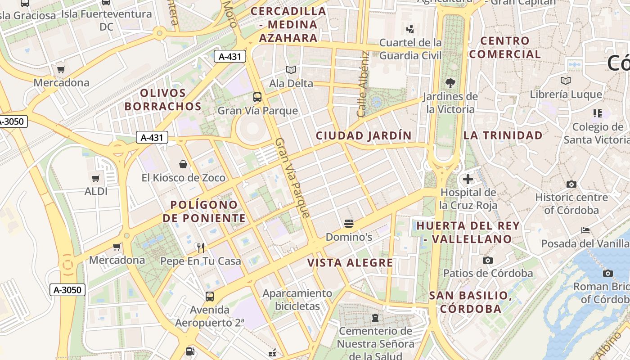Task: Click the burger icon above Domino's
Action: (348, 223)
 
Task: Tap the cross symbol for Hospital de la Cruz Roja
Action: (468, 180)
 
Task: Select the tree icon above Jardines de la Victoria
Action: (450, 83)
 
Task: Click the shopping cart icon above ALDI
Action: (95, 179)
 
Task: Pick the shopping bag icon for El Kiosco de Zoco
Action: (183, 164)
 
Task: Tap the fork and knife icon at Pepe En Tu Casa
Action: (201, 247)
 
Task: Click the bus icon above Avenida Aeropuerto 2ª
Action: (210, 296)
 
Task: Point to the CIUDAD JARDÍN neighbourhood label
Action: (364, 135)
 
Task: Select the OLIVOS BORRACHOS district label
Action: (163, 100)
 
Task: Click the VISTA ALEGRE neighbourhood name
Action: (350, 263)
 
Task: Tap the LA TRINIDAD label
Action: (503, 135)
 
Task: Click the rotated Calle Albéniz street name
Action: (364, 83)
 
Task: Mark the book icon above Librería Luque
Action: (566, 81)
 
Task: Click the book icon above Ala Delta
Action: (291, 70)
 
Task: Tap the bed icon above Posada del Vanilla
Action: (585, 230)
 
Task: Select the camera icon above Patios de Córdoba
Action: (487, 260)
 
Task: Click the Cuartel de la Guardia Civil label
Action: (410, 49)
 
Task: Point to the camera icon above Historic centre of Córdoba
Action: (571, 184)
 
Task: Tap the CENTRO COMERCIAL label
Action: (505, 47)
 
